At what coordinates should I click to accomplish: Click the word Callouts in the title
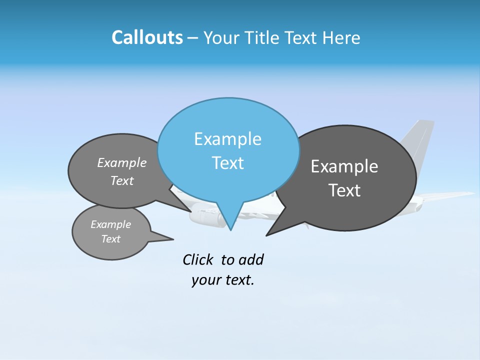[147, 38]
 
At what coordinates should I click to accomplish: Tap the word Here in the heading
[341, 38]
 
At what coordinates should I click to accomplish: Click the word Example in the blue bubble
[227, 139]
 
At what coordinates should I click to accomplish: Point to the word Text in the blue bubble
[227, 163]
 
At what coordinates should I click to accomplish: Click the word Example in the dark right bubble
[344, 166]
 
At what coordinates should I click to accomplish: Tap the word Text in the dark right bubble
[344, 190]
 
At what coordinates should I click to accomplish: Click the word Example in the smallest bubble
[110, 224]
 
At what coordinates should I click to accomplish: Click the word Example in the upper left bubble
[122, 163]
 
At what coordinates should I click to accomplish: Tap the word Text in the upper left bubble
[122, 180]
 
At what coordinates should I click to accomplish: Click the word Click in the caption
[198, 259]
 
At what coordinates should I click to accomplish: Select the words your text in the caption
[223, 280]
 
